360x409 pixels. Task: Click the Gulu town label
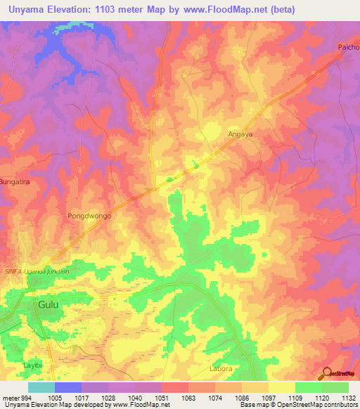pyautogui.click(x=48, y=304)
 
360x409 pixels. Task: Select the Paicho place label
pyautogui.click(x=347, y=48)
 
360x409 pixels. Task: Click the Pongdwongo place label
pyautogui.click(x=89, y=216)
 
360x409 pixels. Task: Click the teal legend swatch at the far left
pyautogui.click(x=41, y=387)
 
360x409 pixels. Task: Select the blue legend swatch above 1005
pyautogui.click(x=68, y=387)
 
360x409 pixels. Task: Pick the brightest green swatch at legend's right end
pyautogui.click(x=335, y=387)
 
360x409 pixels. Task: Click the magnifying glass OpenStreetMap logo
pyautogui.click(x=327, y=372)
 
